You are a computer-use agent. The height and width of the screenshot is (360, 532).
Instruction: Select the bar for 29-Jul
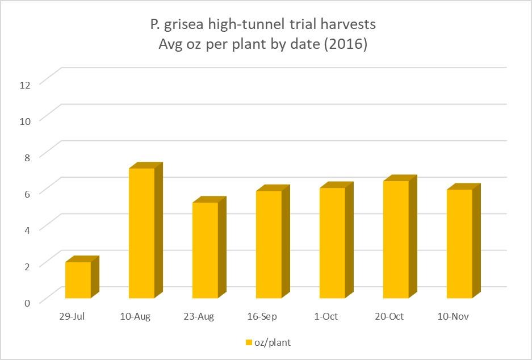78,279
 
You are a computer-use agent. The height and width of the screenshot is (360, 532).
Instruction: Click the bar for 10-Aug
141,233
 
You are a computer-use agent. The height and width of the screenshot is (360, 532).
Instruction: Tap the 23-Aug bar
205,250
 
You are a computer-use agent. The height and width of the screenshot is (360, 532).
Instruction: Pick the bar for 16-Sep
269,244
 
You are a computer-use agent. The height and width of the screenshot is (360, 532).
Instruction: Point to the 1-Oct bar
332,242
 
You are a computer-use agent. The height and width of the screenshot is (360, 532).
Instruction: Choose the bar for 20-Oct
396,239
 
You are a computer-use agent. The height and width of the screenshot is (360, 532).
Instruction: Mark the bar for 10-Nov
459,244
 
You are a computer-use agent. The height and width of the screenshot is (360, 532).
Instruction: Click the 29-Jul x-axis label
73,316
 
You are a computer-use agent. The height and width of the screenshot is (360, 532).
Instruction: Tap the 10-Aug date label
136,316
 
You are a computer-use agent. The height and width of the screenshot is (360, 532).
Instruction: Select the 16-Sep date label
263,316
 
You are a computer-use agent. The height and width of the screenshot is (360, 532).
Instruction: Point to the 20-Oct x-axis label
390,316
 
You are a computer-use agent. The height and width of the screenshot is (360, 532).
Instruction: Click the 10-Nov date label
454,316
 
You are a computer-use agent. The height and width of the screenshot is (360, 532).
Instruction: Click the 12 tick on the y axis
24,84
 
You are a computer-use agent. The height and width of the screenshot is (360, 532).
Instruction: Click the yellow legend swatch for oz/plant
248,342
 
